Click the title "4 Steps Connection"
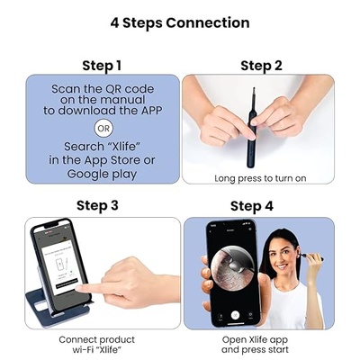[x=179, y=21]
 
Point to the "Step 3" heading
[x=101, y=205]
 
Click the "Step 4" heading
[x=261, y=205]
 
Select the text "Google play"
[x=101, y=174]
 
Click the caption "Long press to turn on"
[x=261, y=178]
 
